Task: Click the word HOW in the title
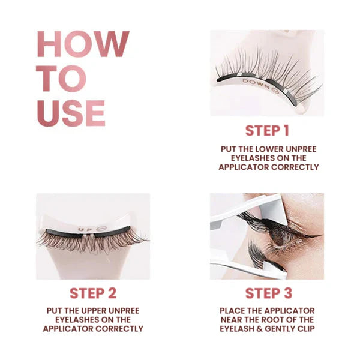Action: coord(83,44)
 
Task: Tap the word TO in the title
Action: coord(61,79)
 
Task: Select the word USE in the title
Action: coord(71,113)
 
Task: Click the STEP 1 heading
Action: coord(267,131)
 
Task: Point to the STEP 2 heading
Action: coord(93,293)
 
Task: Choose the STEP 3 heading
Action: coord(269,293)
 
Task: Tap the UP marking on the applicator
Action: coord(83,229)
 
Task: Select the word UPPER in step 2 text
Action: coord(91,311)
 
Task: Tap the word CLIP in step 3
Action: coord(306,329)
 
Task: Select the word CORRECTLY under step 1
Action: coord(295,167)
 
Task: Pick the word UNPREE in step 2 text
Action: coord(124,311)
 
